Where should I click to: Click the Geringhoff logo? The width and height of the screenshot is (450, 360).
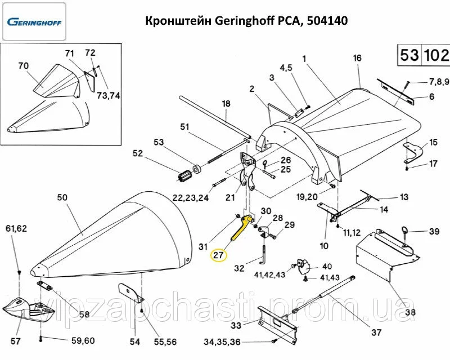point(34,22)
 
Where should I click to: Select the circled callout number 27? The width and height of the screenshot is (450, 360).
point(218,254)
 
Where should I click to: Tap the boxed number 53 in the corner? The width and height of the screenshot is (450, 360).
point(409,55)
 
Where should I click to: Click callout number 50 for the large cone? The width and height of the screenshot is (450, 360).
point(62,197)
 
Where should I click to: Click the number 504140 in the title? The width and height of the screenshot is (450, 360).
point(328,21)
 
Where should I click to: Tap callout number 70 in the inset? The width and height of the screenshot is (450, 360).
point(23,66)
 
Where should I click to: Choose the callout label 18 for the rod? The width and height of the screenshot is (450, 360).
point(226,103)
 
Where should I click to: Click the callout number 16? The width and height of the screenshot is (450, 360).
point(357,58)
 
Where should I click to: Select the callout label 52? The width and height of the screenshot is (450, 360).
point(138,154)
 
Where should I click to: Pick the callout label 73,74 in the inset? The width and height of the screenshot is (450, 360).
point(110,96)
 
